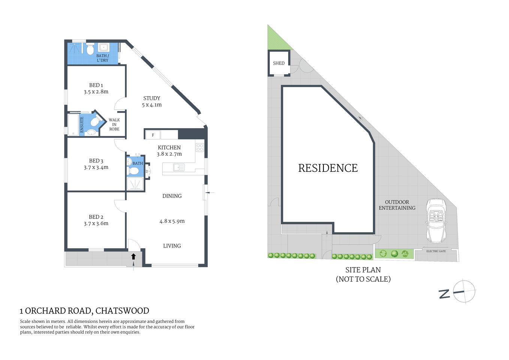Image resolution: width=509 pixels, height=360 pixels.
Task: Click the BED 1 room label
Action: point(96,85)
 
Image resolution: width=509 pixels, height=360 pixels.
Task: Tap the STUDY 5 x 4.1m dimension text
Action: point(152,105)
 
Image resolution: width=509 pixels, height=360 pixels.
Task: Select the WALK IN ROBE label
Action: point(114,124)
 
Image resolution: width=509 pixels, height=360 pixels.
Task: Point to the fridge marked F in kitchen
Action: point(153,135)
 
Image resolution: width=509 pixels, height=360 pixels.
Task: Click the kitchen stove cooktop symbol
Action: point(200,147)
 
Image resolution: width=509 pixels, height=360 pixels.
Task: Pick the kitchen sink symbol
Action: point(179,167)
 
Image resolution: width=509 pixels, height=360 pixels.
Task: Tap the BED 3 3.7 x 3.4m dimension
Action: point(96,168)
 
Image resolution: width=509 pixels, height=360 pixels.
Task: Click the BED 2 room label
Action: point(96,217)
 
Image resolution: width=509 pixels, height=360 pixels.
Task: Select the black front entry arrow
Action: point(133,256)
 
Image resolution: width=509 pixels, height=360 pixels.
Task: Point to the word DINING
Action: point(172,196)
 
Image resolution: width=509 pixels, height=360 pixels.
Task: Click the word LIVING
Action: point(172,246)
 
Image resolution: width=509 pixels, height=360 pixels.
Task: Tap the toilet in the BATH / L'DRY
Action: point(90,49)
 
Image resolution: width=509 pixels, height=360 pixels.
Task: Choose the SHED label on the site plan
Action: point(278,63)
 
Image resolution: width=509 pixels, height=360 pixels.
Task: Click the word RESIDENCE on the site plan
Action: point(328,168)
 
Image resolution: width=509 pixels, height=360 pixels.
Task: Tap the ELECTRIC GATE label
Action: point(436,251)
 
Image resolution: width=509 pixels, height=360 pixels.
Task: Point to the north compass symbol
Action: point(464,291)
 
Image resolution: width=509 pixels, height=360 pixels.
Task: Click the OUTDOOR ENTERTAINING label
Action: point(397,205)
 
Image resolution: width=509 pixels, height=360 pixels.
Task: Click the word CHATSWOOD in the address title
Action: point(122,311)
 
